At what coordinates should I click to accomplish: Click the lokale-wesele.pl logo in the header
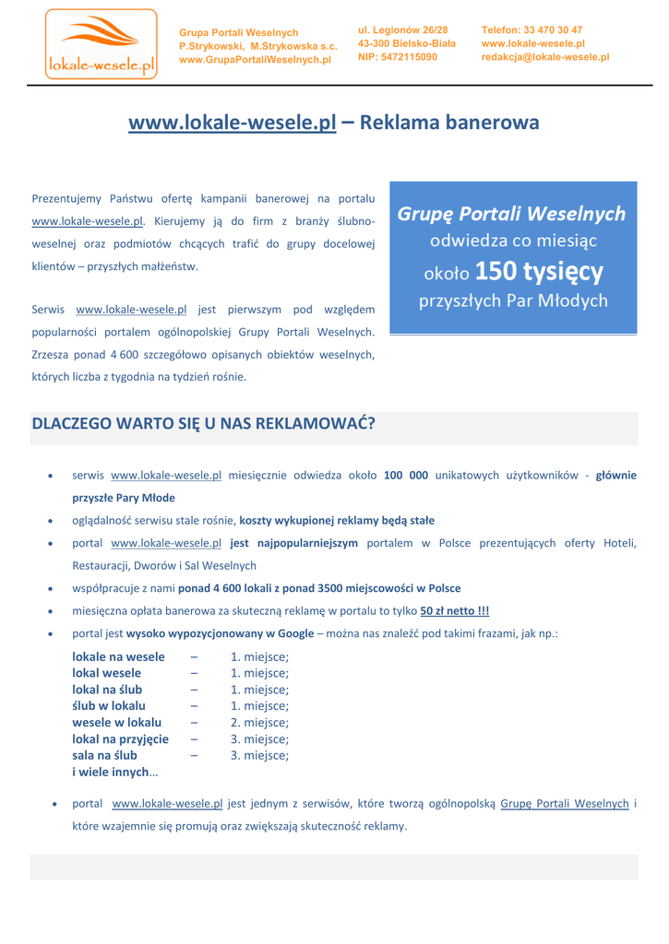tap(101, 42)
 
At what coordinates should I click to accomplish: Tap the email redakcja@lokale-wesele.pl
tap(545, 57)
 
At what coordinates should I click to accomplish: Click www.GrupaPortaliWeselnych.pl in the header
tap(255, 60)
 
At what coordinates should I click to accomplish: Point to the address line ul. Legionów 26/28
tap(402, 30)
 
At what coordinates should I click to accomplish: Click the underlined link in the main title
tap(232, 124)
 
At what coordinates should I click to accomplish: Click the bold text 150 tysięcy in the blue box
tap(540, 271)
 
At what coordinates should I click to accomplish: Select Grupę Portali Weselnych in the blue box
tap(512, 214)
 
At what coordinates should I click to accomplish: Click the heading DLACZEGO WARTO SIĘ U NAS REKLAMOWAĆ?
tap(204, 424)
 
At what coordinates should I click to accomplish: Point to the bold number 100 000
tap(405, 476)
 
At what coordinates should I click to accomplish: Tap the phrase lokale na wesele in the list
tap(119, 656)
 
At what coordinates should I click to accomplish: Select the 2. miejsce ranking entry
tap(259, 723)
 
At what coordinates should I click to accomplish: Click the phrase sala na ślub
tap(105, 756)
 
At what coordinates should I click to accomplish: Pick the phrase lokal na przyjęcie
tap(120, 739)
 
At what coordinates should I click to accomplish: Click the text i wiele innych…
tap(115, 773)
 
